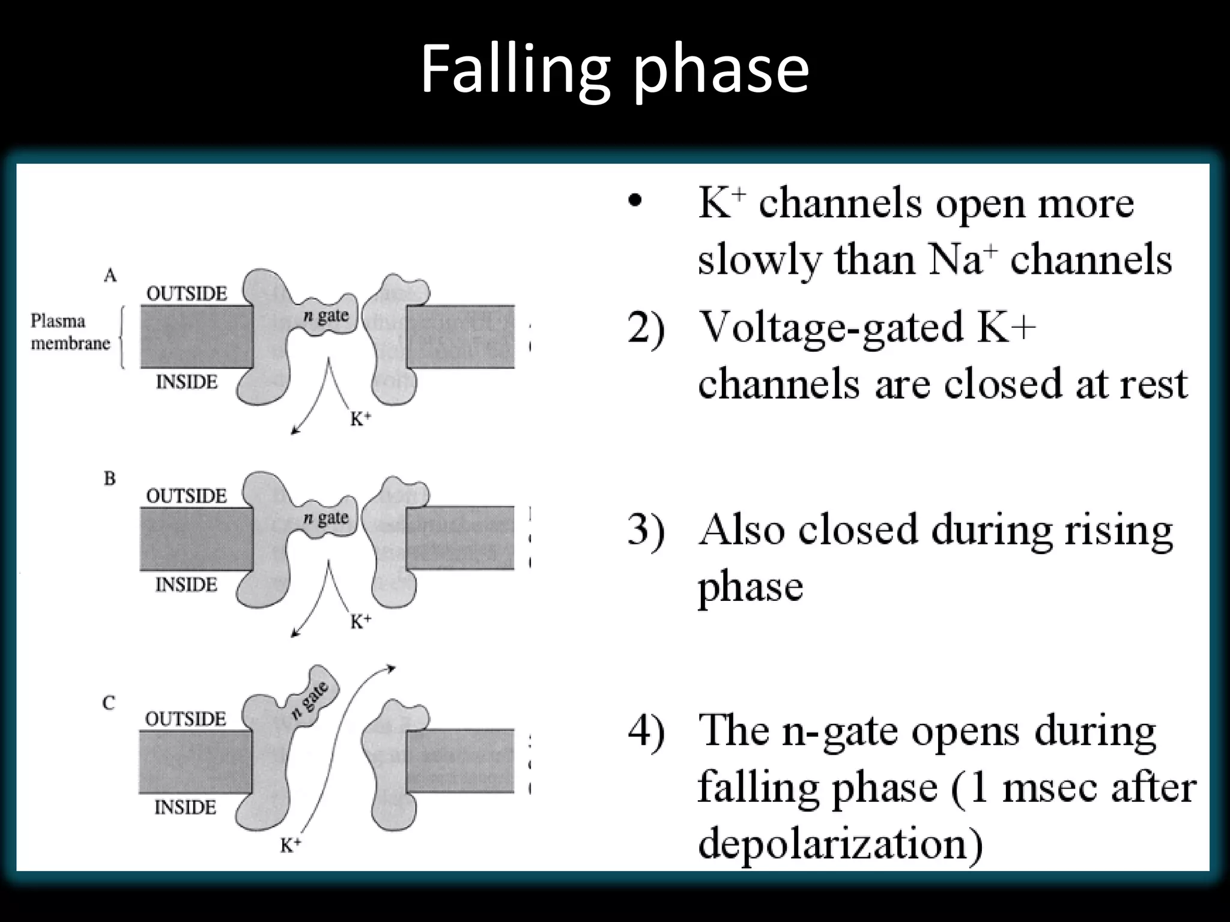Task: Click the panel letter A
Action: [110, 276]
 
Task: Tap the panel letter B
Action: [109, 478]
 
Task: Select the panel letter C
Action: [109, 702]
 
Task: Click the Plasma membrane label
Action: [70, 332]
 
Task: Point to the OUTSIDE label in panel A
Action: [187, 294]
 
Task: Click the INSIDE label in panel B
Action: [186, 584]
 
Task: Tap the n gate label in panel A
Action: [326, 315]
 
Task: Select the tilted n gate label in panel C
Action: [310, 700]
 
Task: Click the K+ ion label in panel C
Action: [291, 845]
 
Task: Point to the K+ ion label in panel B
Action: [360, 621]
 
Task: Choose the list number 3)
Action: [646, 530]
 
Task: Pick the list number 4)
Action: [646, 732]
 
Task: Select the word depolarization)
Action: [840, 843]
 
